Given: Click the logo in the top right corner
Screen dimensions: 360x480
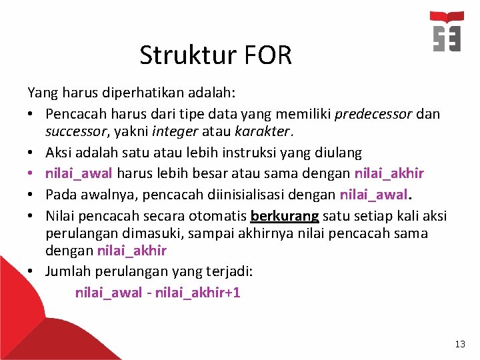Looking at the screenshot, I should tap(446, 32).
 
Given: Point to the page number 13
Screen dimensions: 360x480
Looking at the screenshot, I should tap(460, 344).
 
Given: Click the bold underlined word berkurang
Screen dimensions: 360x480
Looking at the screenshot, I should tap(285, 216).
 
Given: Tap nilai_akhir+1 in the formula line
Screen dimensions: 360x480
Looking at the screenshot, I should tap(197, 292).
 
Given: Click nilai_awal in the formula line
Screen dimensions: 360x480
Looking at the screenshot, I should tap(108, 292).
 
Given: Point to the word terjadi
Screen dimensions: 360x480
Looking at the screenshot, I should tap(227, 272).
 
